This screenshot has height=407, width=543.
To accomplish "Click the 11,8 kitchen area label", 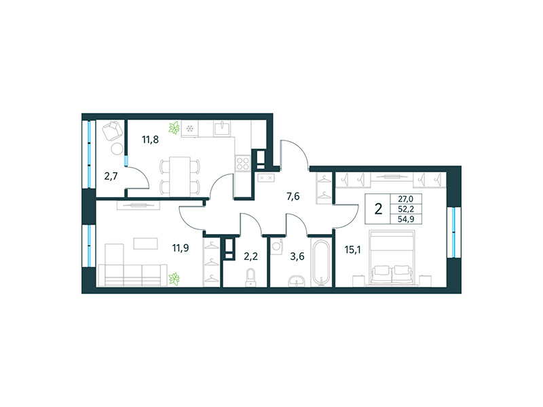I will pyautogui.click(x=151, y=140).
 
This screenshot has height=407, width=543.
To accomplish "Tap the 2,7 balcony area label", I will pyautogui.click(x=111, y=177).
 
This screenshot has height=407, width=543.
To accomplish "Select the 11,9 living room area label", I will pyautogui.click(x=179, y=247).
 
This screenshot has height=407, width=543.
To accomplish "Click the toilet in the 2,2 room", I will pyautogui.click(x=250, y=276).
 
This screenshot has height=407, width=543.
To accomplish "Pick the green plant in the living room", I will pyautogui.click(x=174, y=277).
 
